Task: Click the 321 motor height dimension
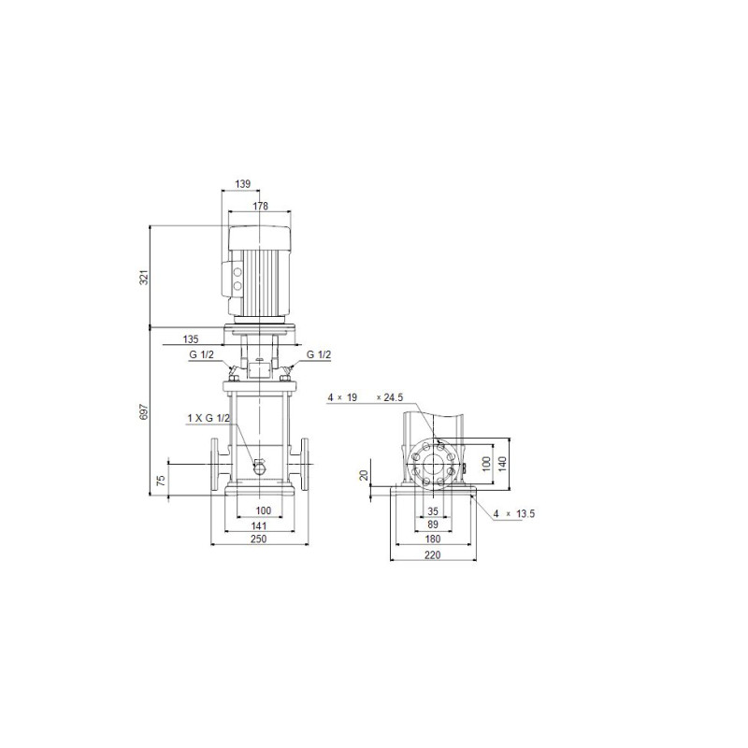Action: click(144, 277)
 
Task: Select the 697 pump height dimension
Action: click(144, 412)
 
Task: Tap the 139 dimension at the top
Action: click(243, 183)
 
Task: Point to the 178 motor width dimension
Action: click(260, 206)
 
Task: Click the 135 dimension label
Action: click(191, 339)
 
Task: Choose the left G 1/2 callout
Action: click(201, 355)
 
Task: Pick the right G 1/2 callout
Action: click(318, 355)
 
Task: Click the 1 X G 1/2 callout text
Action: click(209, 418)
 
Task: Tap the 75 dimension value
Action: click(161, 480)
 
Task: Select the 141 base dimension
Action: click(259, 525)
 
